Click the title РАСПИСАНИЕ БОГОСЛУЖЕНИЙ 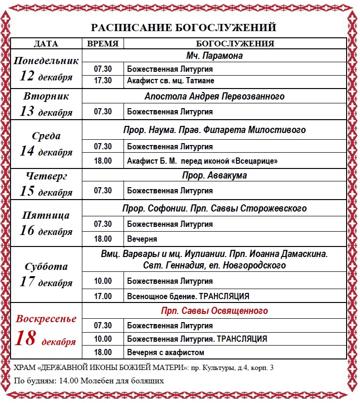tap(184, 27)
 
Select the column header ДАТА tap(46, 44)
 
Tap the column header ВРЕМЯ tap(103, 44)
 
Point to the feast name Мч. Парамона tap(214, 56)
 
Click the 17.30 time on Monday tap(103, 80)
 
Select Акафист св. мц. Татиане tap(170, 80)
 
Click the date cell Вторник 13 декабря tap(46, 103)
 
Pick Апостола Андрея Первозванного tap(214, 96)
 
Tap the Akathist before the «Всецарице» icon tap(202, 161)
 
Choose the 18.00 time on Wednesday tap(103, 161)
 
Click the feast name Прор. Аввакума tap(214, 175)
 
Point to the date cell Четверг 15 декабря tap(46, 184)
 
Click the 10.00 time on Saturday tap(103, 281)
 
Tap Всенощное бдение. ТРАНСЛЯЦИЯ tap(188, 296)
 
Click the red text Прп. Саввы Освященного tap(214, 311)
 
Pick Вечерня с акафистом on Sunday tap(166, 353)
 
